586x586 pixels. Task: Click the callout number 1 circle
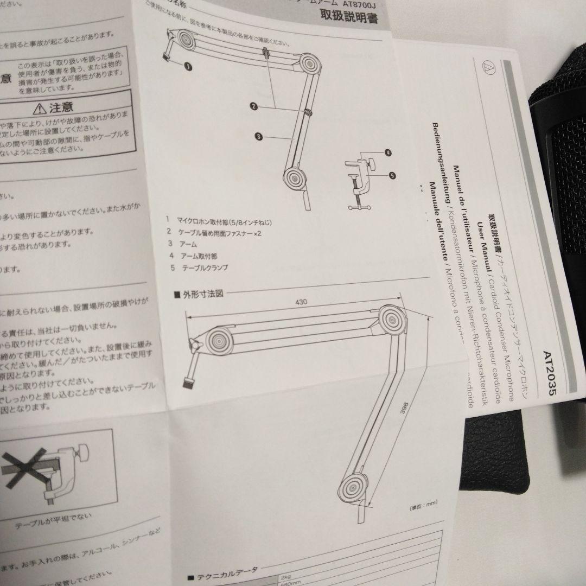click(188, 66)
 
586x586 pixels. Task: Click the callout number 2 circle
click(253, 107)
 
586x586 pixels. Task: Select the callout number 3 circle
click(259, 136)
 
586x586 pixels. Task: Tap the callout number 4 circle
click(388, 154)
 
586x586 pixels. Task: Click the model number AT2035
click(548, 375)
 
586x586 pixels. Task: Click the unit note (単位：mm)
click(424, 508)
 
